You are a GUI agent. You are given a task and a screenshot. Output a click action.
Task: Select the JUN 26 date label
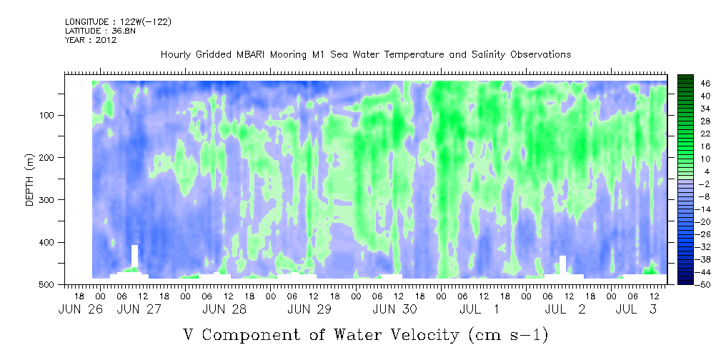pos(77,310)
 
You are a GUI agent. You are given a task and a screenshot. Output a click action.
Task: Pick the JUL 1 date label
pos(479,310)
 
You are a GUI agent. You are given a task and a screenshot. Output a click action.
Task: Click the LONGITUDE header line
pos(119,21)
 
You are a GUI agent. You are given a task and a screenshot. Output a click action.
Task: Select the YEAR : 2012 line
pos(91,40)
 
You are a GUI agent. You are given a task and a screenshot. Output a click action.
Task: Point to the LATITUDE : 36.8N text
pos(101,31)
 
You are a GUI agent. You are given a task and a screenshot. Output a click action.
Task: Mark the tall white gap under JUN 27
pos(135,256)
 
